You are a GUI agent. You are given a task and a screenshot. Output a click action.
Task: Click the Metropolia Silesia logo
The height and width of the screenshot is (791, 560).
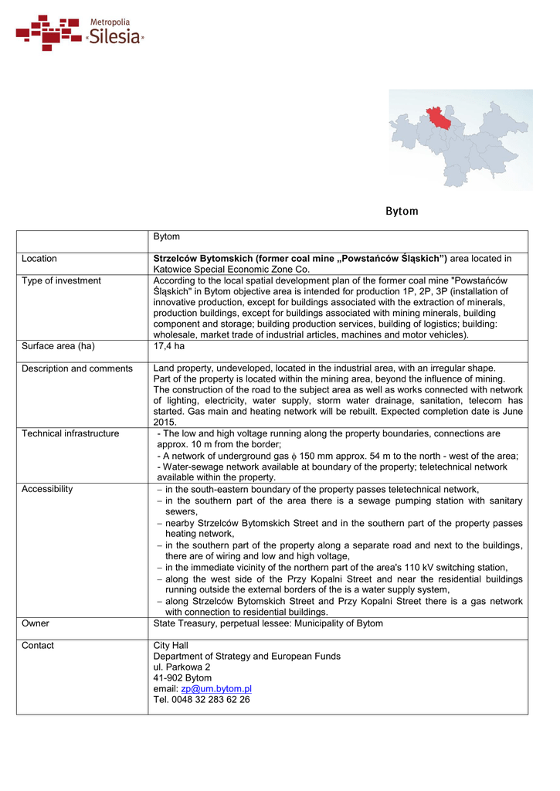tap(80, 32)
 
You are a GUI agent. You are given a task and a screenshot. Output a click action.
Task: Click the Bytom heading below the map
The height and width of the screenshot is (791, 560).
tap(402, 211)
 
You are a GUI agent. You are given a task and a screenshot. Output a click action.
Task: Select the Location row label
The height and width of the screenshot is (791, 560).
tap(39, 259)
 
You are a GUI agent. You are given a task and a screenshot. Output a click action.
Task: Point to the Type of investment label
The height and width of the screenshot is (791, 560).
tap(61, 280)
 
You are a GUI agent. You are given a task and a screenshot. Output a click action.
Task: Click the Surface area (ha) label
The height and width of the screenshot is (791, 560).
tap(58, 346)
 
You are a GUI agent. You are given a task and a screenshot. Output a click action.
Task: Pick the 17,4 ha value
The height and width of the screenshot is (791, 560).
tap(169, 346)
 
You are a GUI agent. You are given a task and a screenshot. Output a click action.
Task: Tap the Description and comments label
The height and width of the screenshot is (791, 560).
tap(77, 368)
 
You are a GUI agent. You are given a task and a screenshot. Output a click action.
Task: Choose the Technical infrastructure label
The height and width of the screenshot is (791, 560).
tap(70, 433)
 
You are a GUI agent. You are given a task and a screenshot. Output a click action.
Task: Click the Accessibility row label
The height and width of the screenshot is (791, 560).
tap(47, 489)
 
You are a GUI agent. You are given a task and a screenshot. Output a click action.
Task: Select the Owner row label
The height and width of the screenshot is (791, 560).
tap(36, 623)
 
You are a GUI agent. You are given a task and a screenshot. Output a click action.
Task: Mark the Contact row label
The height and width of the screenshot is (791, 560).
tap(38, 645)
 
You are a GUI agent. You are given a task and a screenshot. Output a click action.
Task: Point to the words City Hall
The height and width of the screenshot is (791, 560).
tap(171, 645)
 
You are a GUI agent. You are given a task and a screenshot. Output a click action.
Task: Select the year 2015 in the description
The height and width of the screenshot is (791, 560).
tap(165, 423)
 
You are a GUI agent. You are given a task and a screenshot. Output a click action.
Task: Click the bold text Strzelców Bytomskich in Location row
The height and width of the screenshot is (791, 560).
tap(203, 259)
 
